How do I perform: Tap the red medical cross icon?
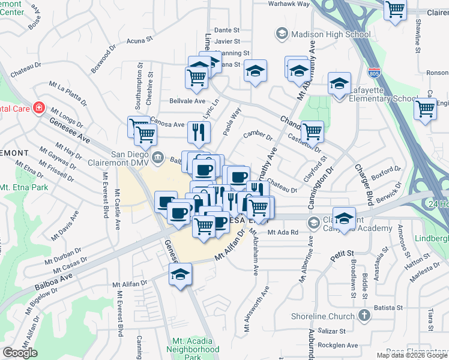click(38, 108)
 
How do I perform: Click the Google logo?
click(20, 352)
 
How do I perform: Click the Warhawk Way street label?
click(289, 4)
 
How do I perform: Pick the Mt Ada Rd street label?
click(283, 232)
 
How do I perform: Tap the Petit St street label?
click(340, 258)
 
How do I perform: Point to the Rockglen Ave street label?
click(338, 345)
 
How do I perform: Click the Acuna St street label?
click(141, 41)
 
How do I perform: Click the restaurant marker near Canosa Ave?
click(199, 131)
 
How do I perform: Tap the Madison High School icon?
click(282, 34)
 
